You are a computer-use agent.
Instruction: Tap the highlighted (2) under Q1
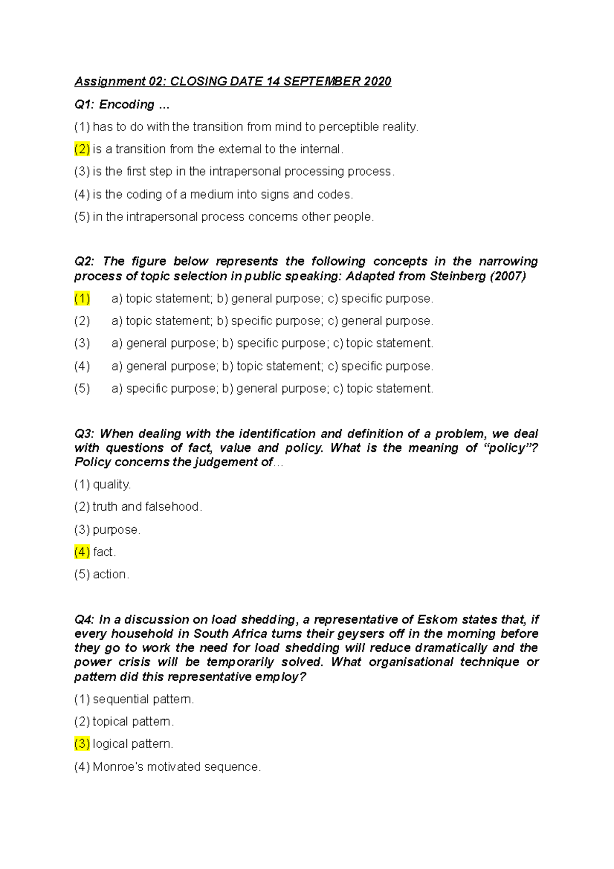click(82, 149)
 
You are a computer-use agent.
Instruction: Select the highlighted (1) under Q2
click(82, 298)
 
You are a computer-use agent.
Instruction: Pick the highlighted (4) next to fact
click(82, 552)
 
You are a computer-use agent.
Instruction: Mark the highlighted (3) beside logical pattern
click(82, 744)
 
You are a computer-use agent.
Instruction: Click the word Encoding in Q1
click(126, 104)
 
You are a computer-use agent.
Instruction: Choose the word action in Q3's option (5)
click(109, 574)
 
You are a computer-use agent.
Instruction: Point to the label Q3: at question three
click(84, 433)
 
